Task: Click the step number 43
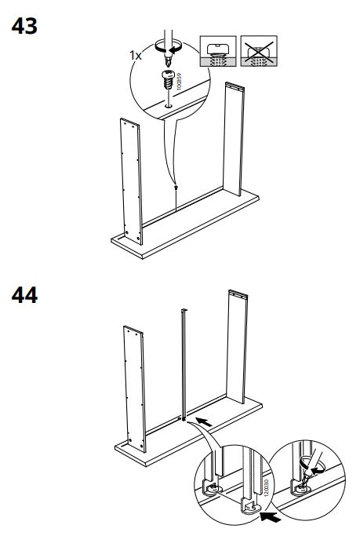point(24,27)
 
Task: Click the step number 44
point(24,295)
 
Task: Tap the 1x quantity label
point(136,56)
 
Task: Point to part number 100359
point(179,82)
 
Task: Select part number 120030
point(267,487)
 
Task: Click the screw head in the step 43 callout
point(168,75)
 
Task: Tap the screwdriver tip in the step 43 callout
point(167,62)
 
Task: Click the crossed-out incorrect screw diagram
point(259,51)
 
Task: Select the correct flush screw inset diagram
point(217,51)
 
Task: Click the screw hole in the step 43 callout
point(168,106)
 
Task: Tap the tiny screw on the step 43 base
point(176,188)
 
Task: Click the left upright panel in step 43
point(132,181)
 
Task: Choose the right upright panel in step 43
point(234,138)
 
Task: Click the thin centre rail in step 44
point(184,364)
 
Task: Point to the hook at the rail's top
point(184,310)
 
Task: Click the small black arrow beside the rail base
point(204,422)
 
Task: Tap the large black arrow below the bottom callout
point(271,516)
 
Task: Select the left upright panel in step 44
point(135,389)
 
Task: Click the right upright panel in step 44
point(237,346)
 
